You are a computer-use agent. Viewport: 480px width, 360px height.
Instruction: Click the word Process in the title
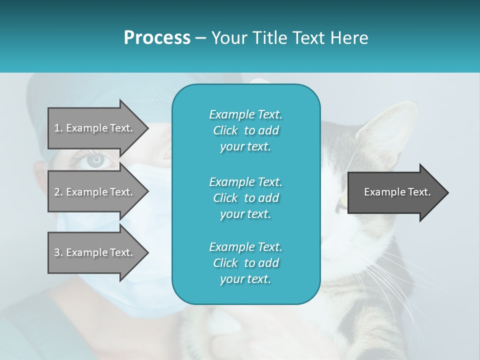pos(157,38)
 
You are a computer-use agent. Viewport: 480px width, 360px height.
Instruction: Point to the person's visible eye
pos(95,160)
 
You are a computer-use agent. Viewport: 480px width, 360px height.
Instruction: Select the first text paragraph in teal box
pos(245,130)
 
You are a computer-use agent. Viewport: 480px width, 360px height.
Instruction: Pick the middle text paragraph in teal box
pos(245,198)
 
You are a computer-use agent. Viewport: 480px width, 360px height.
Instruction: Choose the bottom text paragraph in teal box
pos(245,263)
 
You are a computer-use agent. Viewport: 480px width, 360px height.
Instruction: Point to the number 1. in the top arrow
pos(58,128)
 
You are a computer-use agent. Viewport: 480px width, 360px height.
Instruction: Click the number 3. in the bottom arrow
pos(58,252)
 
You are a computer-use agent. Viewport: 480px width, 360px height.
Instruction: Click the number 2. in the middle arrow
pos(58,192)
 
